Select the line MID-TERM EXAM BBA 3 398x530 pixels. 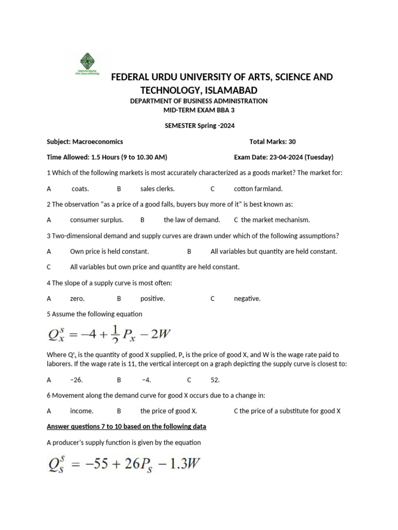[x=199, y=110]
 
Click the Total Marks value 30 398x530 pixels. [x=292, y=141]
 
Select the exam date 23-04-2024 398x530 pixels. [x=277, y=157]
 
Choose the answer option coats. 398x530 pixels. [x=80, y=188]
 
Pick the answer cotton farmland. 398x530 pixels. [x=258, y=188]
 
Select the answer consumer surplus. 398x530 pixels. [x=96, y=219]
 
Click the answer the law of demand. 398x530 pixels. [x=192, y=219]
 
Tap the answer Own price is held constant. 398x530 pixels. [x=109, y=251]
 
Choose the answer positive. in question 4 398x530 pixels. [x=152, y=298]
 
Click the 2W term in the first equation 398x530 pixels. [x=160, y=334]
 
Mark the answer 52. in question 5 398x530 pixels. [x=215, y=379]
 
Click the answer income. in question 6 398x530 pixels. [x=82, y=410]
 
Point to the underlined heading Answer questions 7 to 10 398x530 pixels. [x=126, y=426]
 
